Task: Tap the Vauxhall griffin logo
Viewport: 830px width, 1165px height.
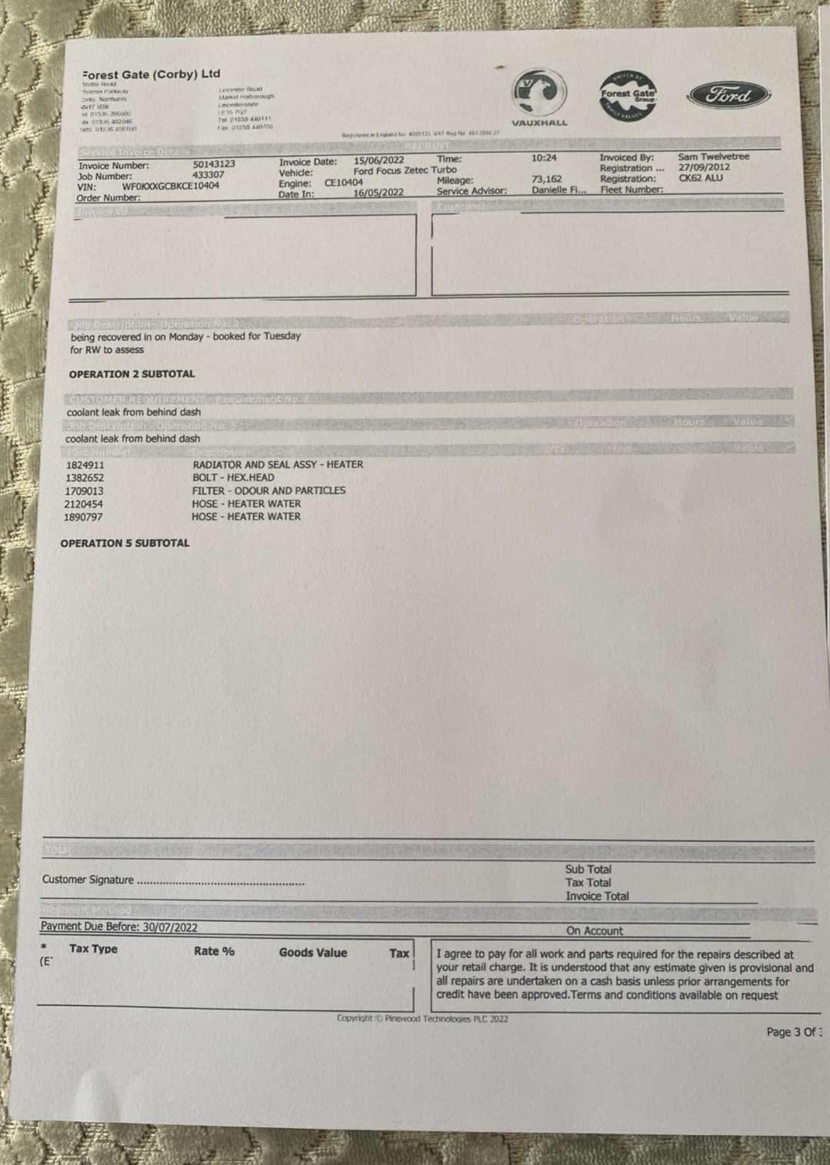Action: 539,92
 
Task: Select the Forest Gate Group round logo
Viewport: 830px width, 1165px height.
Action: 628,95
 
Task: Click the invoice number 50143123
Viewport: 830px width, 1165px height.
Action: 213,165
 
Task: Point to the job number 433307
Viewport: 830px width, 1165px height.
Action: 208,175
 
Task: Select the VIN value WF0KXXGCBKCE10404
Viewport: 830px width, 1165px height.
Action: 170,186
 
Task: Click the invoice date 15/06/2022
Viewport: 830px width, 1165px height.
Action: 379,160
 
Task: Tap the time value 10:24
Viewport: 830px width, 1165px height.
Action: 544,157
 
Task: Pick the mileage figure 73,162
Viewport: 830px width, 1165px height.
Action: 547,179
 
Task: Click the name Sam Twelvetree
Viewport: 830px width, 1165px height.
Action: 713,157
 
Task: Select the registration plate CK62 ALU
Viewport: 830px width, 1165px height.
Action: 700,178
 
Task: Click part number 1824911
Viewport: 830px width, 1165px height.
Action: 85,465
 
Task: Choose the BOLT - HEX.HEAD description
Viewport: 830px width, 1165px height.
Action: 233,478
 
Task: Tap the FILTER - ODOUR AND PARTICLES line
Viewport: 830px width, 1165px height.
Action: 269,491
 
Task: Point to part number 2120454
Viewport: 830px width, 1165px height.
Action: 84,504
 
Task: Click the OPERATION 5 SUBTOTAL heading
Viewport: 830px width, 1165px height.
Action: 125,543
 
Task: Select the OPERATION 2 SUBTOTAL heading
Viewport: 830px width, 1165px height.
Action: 132,374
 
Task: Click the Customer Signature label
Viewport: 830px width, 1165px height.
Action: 87,880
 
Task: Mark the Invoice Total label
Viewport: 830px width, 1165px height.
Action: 597,896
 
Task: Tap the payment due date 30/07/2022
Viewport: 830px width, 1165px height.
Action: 170,928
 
